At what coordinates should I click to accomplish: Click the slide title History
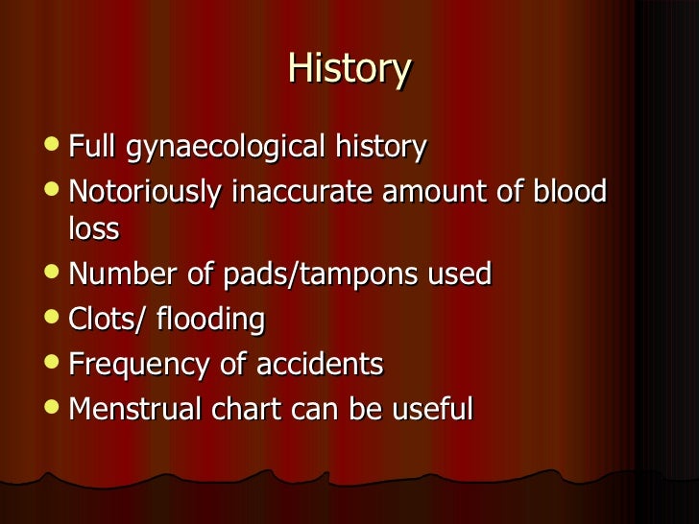[x=349, y=69]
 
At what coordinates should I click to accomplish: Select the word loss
[x=93, y=228]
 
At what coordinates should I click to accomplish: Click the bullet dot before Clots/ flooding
[x=53, y=319]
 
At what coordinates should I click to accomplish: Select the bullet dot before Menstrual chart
[x=53, y=409]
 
